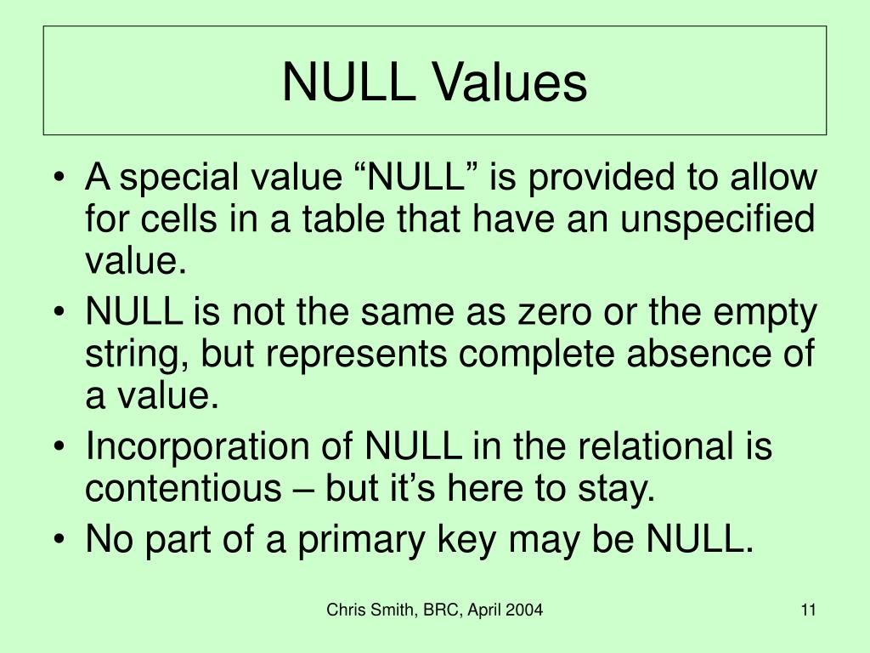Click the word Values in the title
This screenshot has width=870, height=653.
tap(510, 83)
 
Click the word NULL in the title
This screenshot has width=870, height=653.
tap(350, 83)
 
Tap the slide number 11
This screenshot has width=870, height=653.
tap(807, 610)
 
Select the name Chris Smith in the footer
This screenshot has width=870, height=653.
tap(367, 610)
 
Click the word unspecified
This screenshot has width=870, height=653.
tap(718, 219)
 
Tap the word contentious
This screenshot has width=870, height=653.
tap(175, 491)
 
